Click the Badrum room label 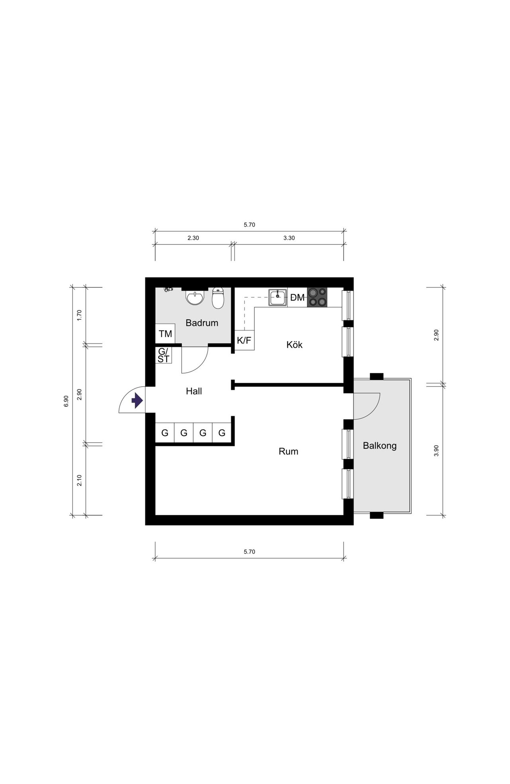[x=202, y=323]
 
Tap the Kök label [x=294, y=344]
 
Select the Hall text [x=194, y=391]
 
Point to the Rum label [x=288, y=452]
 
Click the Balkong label [x=380, y=446]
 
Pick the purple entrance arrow [x=137, y=401]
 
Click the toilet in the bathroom [x=218, y=298]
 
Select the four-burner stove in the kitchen [x=317, y=297]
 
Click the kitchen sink [x=278, y=297]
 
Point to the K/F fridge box [x=244, y=340]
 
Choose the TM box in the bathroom [x=165, y=334]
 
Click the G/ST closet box [x=163, y=355]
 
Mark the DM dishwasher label [x=297, y=297]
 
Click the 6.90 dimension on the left [x=66, y=401]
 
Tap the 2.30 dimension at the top [x=193, y=238]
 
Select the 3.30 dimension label [x=289, y=238]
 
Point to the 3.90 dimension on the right [x=436, y=450]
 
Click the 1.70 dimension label [x=79, y=315]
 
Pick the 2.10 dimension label [x=79, y=480]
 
